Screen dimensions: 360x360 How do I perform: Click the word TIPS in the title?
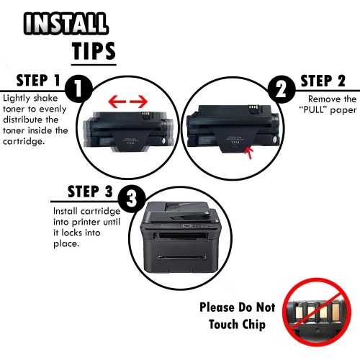click(x=94, y=50)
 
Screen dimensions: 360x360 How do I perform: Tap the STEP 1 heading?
click(x=31, y=81)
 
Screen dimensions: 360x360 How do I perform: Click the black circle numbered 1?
click(x=76, y=90)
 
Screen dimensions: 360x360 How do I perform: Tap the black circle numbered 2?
click(x=280, y=89)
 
